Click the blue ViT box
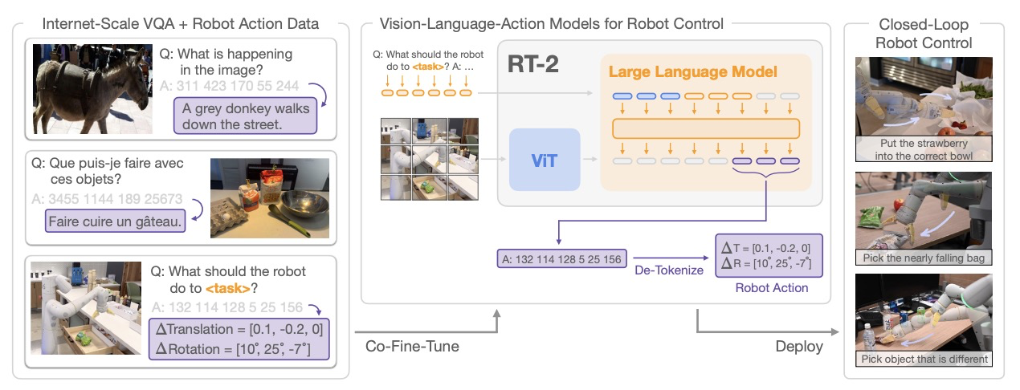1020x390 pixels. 544,160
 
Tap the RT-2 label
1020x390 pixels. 532,65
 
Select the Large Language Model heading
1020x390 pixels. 692,72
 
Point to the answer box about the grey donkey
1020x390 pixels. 245,116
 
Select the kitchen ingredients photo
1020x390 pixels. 269,198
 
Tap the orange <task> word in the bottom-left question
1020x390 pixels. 226,288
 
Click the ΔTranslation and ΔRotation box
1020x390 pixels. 239,338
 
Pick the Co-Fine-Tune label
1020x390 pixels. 413,347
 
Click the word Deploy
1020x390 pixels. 799,347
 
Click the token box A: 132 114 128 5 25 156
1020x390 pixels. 560,259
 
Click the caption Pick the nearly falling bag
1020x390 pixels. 924,258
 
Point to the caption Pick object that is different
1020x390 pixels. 924,359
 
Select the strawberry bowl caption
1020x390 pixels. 924,150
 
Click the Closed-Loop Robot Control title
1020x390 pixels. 924,34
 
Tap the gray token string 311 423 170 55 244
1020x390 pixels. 229,85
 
